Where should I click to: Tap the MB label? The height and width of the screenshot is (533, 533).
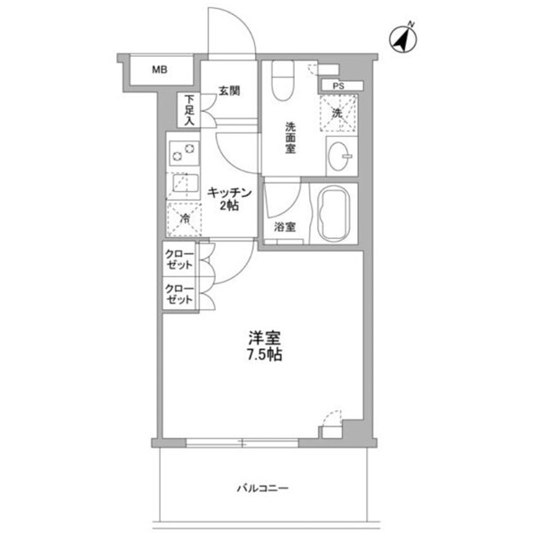tap(159, 69)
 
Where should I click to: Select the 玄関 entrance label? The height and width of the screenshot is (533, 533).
tap(229, 91)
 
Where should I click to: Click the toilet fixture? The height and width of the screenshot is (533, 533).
tap(282, 81)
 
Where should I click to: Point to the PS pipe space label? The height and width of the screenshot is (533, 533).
tap(338, 86)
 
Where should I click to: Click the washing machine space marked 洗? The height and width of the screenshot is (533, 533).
tap(338, 113)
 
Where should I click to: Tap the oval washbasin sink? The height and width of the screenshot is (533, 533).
tap(338, 156)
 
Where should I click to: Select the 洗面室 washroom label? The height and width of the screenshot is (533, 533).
tap(290, 138)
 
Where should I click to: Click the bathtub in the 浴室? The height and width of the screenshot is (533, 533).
tap(333, 214)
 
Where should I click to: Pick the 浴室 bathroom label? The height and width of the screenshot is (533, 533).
tap(285, 227)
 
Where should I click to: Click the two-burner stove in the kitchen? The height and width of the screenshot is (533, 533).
tap(184, 153)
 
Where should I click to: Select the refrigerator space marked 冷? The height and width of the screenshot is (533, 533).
tap(185, 219)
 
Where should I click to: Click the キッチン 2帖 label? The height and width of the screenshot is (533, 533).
tap(229, 199)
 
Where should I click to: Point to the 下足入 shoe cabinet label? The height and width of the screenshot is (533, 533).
tap(189, 110)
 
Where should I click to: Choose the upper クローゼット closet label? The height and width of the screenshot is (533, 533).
tap(179, 259)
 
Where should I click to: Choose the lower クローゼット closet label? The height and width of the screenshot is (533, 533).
tap(179, 294)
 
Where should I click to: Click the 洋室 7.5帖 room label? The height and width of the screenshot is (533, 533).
tap(265, 346)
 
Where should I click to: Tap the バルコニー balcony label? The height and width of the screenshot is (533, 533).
tap(263, 489)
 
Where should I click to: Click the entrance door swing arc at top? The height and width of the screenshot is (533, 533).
tap(243, 20)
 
